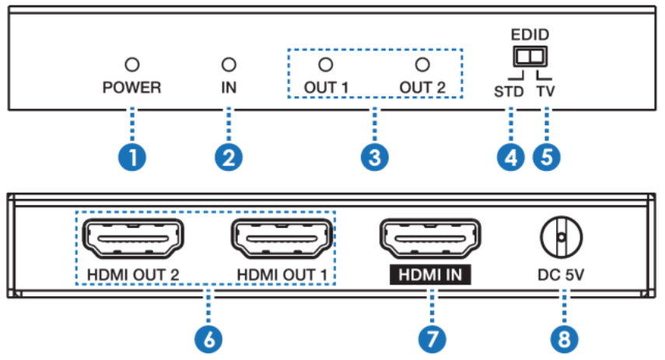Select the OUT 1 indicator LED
point(327,64)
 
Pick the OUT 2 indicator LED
point(422,64)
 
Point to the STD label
point(510,89)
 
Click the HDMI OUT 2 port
point(132,236)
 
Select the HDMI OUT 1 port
point(281,236)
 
